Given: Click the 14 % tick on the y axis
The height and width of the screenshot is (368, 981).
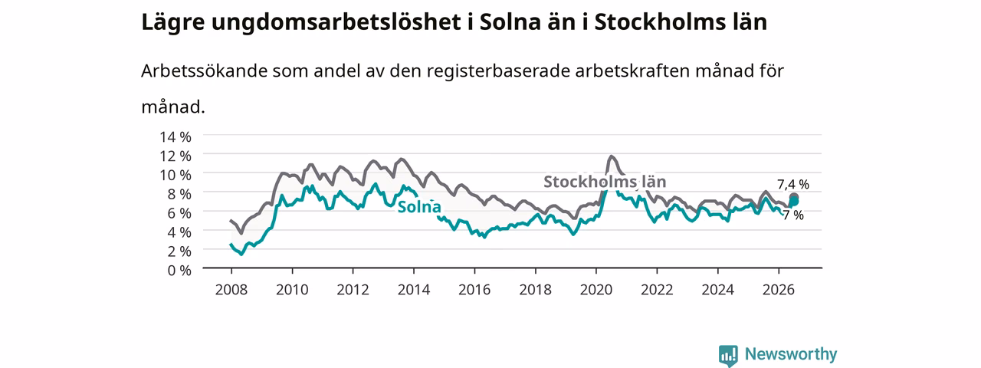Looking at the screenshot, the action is point(176,137).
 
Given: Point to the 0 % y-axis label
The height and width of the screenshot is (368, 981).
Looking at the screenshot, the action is point(179,271).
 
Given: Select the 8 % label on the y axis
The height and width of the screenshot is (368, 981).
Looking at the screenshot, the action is point(179,194).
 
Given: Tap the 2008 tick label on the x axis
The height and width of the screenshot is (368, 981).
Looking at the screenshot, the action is point(231,290).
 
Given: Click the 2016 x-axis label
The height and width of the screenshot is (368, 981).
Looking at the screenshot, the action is point(474,290).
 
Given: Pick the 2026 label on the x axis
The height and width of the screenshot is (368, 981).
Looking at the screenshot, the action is point(778,290).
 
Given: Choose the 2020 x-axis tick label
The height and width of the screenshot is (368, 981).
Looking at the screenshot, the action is point(596,290).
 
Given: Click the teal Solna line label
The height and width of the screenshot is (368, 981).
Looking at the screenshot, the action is point(419,207).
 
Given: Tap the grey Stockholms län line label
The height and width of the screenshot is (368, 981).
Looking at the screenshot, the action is point(605,182).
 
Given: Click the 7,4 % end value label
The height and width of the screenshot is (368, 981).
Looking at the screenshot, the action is point(793,185).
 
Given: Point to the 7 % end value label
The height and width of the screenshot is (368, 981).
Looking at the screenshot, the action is point(793,215).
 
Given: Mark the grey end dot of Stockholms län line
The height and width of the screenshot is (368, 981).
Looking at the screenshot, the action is point(793,198).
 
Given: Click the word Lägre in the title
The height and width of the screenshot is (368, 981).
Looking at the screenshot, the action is point(173,22).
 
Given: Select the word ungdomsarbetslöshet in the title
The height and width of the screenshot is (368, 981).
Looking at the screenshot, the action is point(336,22).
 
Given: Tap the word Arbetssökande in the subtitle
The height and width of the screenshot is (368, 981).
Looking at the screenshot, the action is point(204,71).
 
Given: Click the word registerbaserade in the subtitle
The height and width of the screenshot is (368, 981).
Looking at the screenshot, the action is point(498,71).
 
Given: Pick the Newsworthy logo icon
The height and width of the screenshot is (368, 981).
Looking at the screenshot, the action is point(728,355).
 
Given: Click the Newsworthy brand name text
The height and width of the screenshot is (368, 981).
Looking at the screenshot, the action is point(791,354).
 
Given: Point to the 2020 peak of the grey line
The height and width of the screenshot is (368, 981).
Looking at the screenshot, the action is point(612,156).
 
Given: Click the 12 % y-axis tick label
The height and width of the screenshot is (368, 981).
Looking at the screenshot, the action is point(176,156).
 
